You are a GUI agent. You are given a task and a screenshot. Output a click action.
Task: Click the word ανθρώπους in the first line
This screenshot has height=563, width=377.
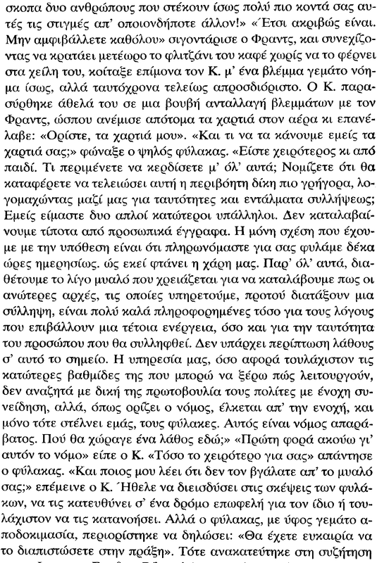point(104,8)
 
